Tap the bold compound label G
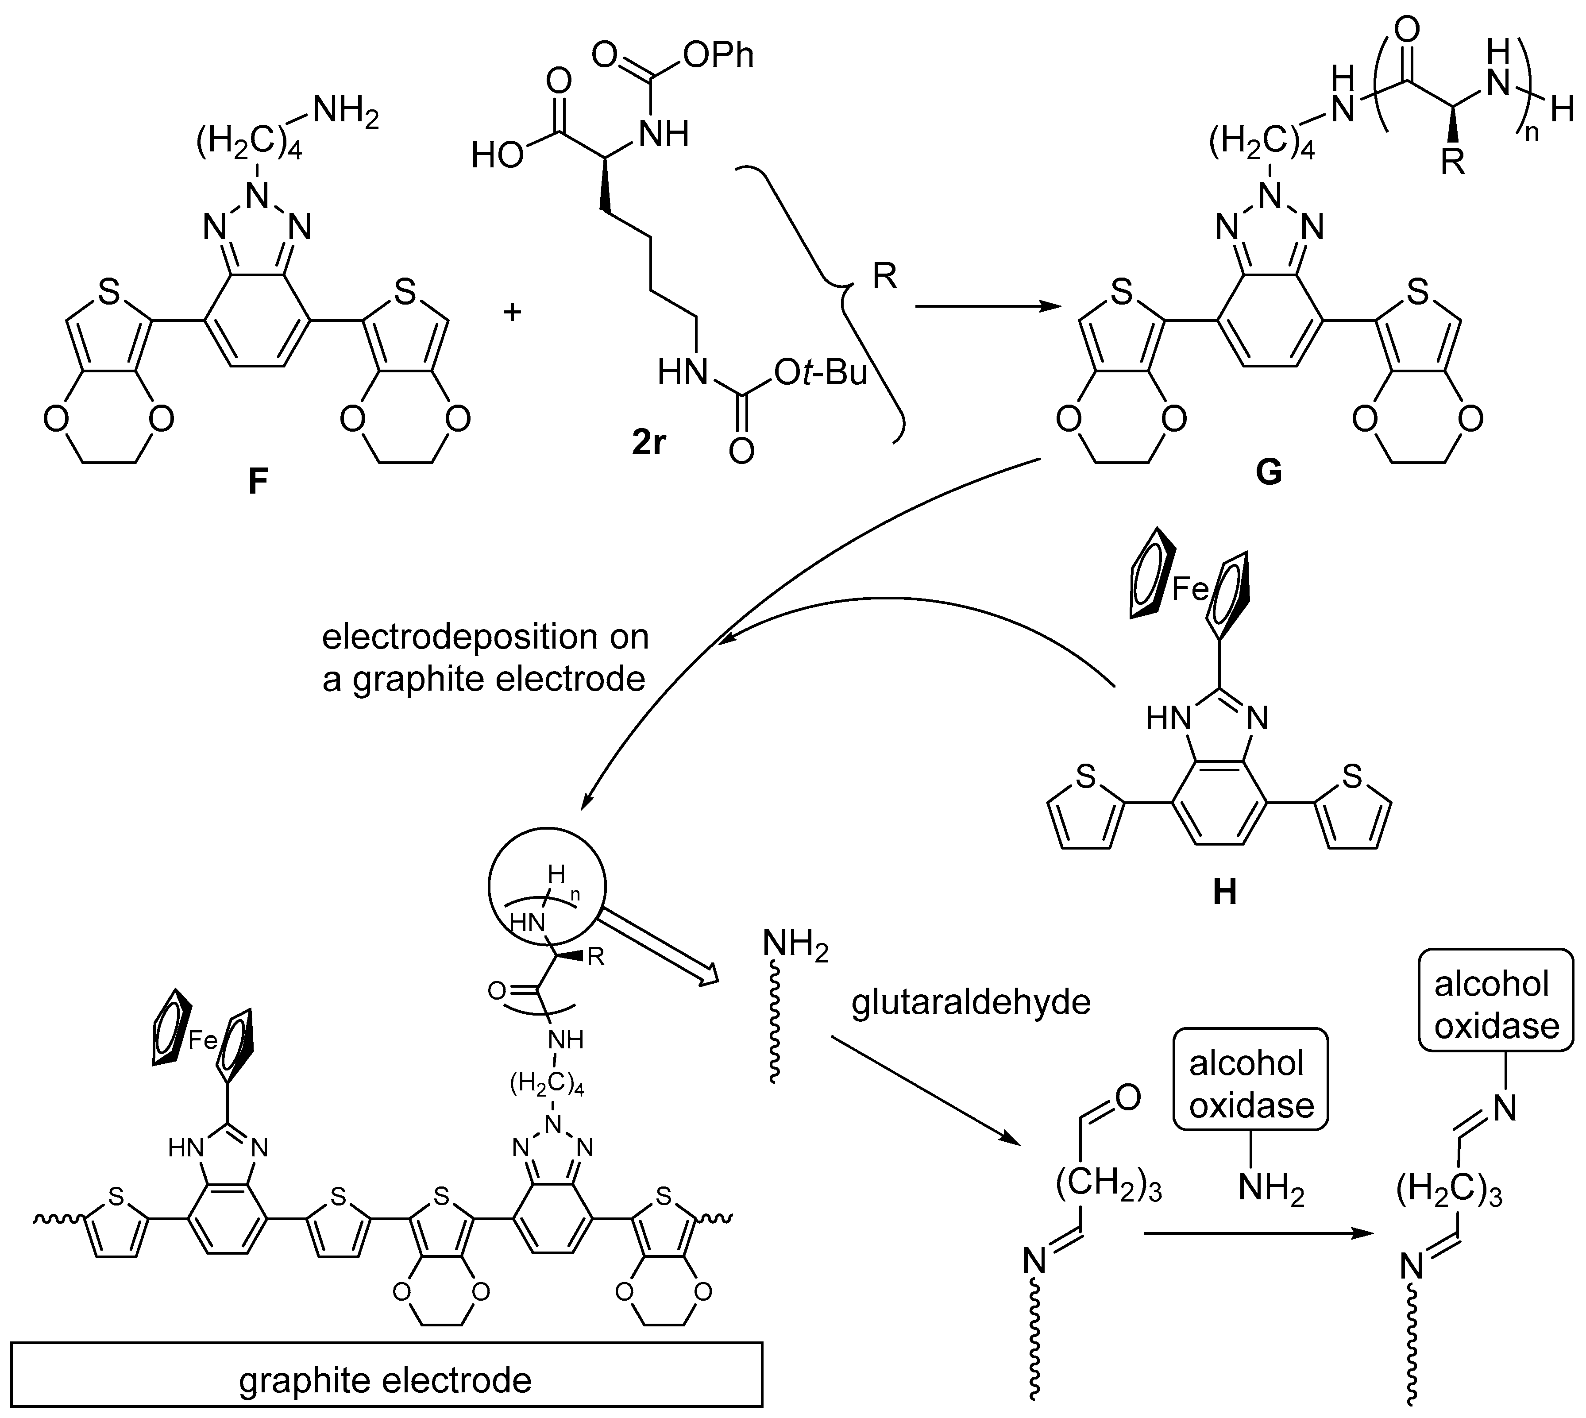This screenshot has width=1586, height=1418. [x=1268, y=472]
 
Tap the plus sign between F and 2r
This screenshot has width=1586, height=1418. [x=512, y=313]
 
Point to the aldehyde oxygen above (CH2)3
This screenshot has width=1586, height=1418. [x=1127, y=1098]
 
